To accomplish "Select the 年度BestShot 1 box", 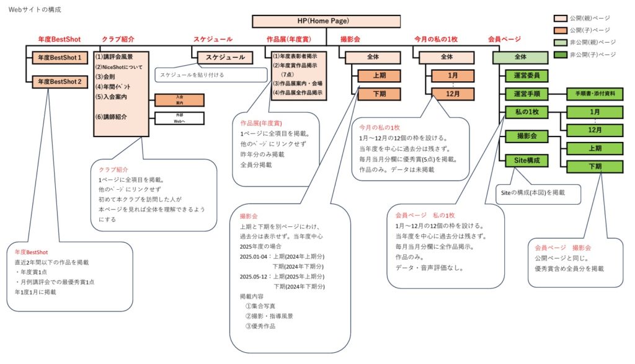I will pos(60,58).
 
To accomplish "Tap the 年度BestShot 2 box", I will pos(60,81).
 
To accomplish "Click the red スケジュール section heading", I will pos(213,39).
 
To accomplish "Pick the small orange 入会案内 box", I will pos(179,99).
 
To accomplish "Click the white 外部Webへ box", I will pos(179,118).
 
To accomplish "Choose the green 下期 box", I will pos(595,166).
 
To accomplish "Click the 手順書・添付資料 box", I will pos(595,94).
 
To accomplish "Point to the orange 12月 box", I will pos(453,94).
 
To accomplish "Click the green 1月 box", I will pos(595,112).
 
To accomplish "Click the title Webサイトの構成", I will pos(35,10).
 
